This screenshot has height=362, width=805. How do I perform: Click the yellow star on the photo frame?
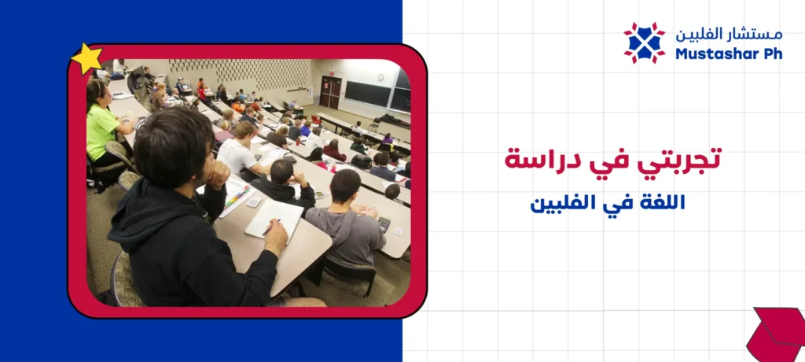coord(86,58)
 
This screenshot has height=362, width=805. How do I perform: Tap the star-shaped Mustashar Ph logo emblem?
coord(645,42)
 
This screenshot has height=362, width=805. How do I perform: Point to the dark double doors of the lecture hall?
coord(330,92)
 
